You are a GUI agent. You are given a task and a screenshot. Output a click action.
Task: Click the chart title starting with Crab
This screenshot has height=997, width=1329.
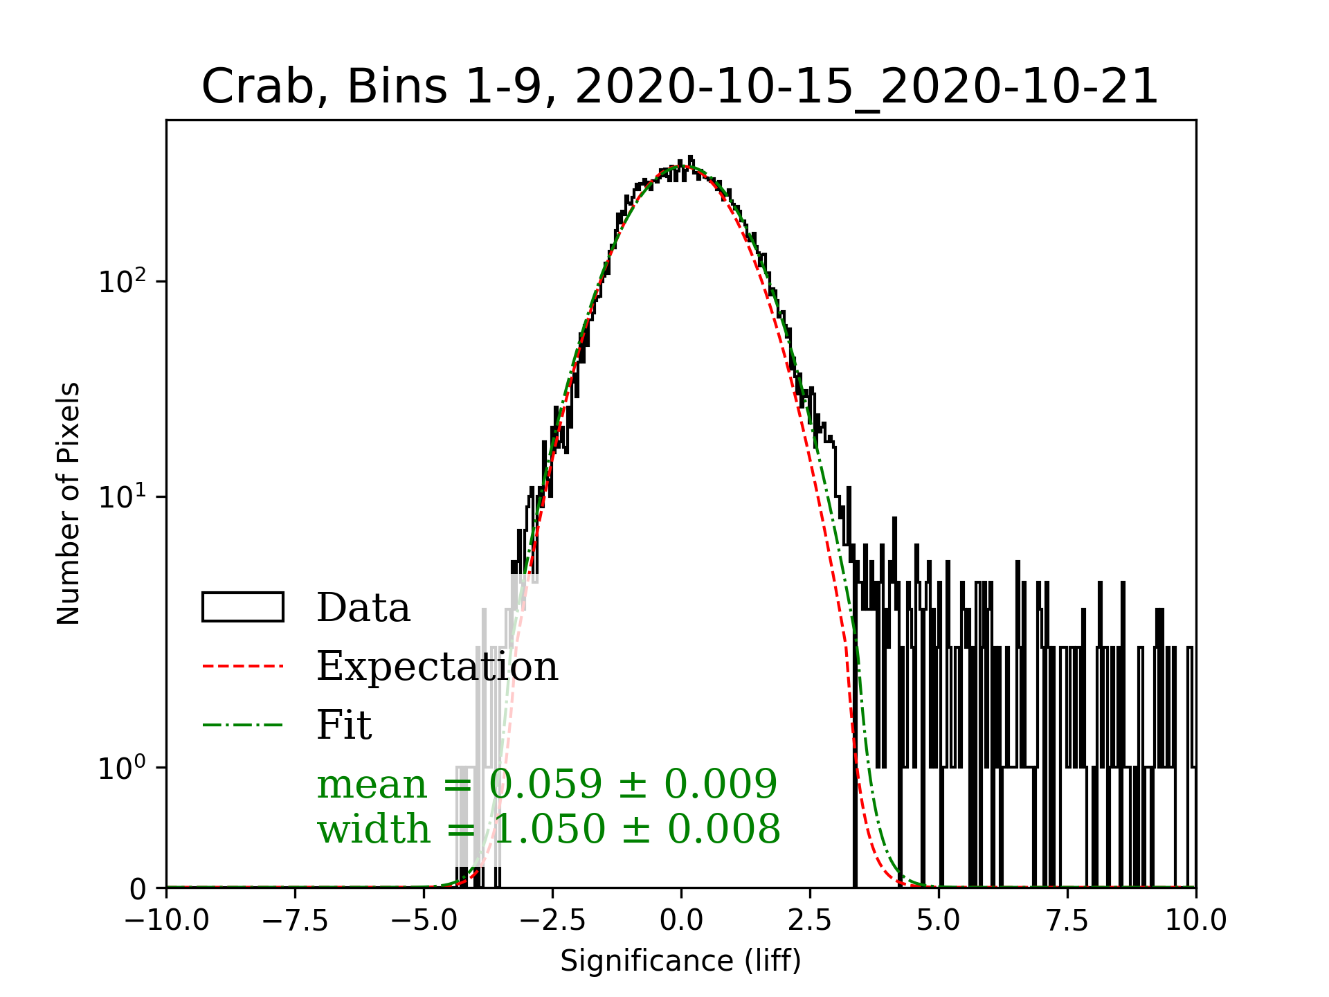pyautogui.click(x=680, y=87)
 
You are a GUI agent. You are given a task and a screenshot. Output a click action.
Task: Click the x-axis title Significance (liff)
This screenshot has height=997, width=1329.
pyautogui.click(x=680, y=961)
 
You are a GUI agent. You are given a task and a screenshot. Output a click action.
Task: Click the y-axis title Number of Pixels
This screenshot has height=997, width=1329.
pyautogui.click(x=69, y=503)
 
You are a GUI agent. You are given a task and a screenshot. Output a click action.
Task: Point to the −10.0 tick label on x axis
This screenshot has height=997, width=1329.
pyautogui.click(x=167, y=921)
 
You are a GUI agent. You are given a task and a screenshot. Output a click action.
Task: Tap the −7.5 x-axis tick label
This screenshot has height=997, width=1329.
pyautogui.click(x=295, y=921)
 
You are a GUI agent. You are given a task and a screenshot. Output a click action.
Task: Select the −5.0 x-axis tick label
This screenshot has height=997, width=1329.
pyautogui.click(x=424, y=921)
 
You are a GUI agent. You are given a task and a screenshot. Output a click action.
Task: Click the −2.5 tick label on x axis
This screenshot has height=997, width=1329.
pyautogui.click(x=552, y=921)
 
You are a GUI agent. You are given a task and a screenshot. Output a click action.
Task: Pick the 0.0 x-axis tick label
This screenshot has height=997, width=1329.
pyautogui.click(x=681, y=921)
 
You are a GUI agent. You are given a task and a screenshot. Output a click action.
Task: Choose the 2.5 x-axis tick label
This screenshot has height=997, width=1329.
pyautogui.click(x=810, y=921)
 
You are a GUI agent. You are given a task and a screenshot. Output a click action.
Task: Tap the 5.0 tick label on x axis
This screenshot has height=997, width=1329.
pyautogui.click(x=939, y=921)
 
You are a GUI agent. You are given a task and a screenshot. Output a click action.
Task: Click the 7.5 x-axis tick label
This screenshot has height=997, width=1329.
pyautogui.click(x=1067, y=921)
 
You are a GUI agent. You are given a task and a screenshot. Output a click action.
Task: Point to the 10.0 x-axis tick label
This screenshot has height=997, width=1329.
pyautogui.click(x=1196, y=921)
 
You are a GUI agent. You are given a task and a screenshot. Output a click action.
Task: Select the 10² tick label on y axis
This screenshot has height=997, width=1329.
pyautogui.click(x=123, y=282)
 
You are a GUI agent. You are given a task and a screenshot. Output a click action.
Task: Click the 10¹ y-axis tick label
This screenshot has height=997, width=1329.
pyautogui.click(x=123, y=497)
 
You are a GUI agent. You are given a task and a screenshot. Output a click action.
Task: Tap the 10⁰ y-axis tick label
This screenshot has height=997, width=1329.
pyautogui.click(x=123, y=768)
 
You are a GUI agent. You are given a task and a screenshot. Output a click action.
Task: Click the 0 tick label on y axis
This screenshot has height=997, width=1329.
pyautogui.click(x=138, y=889)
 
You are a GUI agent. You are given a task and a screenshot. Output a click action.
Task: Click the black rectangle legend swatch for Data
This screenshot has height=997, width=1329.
pyautogui.click(x=242, y=607)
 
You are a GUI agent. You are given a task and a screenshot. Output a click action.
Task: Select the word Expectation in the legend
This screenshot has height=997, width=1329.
pyautogui.click(x=437, y=666)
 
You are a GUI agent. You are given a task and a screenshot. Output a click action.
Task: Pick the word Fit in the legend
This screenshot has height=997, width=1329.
pyautogui.click(x=344, y=725)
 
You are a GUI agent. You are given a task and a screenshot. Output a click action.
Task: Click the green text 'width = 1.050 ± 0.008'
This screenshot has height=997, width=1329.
pyautogui.click(x=548, y=829)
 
